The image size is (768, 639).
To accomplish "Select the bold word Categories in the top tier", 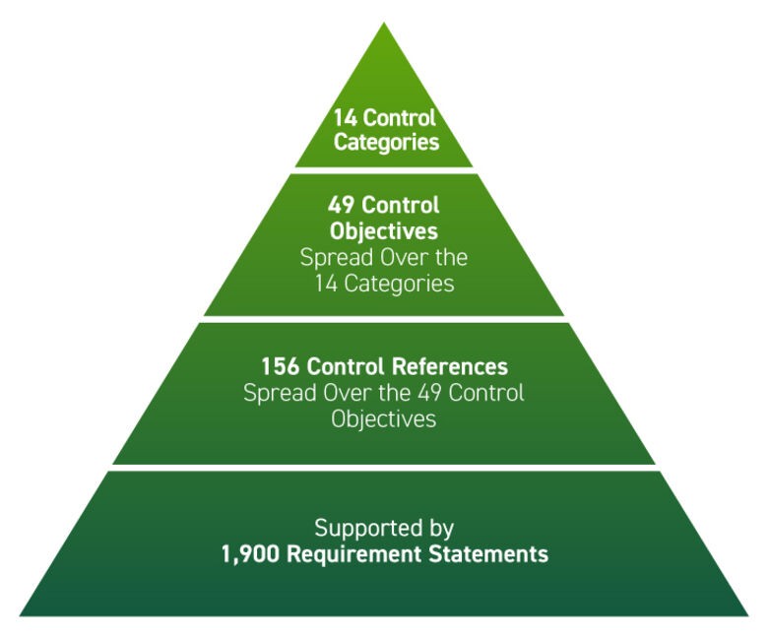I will pyautogui.click(x=386, y=143).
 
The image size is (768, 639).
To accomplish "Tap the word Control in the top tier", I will pyautogui.click(x=400, y=119).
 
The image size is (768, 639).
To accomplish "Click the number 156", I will pyautogui.click(x=280, y=367).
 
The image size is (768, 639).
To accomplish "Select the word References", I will pyautogui.click(x=451, y=367).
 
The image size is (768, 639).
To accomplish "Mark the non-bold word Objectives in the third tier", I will pyautogui.click(x=383, y=417).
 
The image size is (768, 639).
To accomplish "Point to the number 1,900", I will pyautogui.click(x=248, y=554).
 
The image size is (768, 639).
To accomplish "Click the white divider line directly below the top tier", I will pyautogui.click(x=384, y=170).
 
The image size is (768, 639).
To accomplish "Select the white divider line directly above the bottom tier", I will pyautogui.click(x=384, y=468).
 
